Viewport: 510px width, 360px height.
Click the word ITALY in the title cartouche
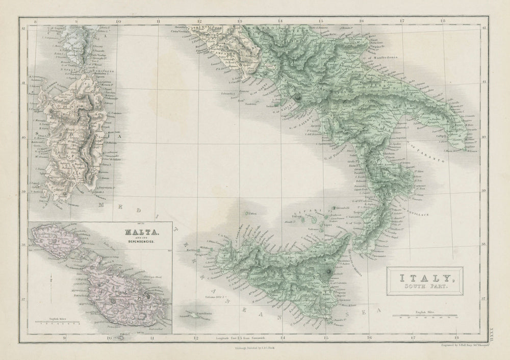tap(425, 278)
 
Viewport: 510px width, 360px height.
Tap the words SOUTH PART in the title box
tap(425, 289)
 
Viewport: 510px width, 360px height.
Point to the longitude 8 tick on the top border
tap(35, 21)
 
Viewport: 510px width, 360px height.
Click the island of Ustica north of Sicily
tap(246, 214)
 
